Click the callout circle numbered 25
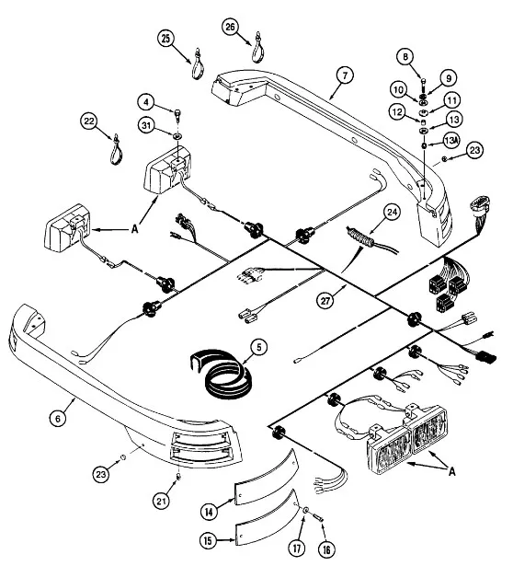[x=165, y=38]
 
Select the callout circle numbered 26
[x=230, y=27]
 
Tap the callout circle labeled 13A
[x=451, y=141]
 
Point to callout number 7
[x=345, y=75]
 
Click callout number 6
[x=58, y=418]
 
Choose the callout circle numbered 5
[x=259, y=348]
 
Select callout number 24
[x=393, y=212]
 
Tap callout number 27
[x=325, y=300]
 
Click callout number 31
[x=146, y=125]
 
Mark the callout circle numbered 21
[x=161, y=501]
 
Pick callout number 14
[x=209, y=511]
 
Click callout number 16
[x=326, y=549]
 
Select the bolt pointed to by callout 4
[x=178, y=114]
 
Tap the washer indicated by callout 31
[x=177, y=136]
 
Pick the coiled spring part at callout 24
[x=359, y=237]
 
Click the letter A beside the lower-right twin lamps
[x=452, y=470]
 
